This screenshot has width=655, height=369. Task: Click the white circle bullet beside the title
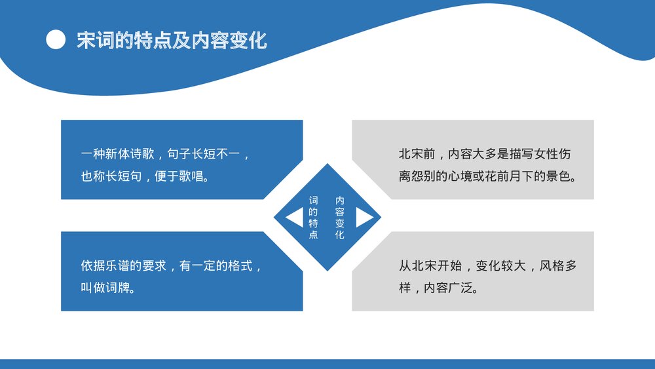point(56,41)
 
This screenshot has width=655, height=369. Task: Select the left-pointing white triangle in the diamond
point(294,218)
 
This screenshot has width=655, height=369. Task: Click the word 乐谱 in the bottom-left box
point(118,266)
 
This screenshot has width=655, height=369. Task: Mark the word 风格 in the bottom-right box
point(553,266)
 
